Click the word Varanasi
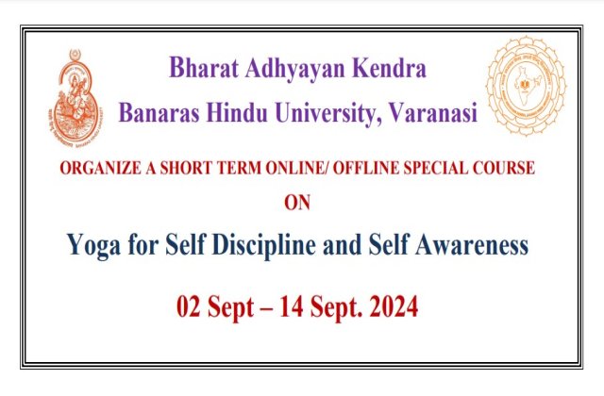pyautogui.click(x=433, y=113)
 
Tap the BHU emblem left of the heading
pyautogui.click(x=75, y=99)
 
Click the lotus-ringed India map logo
pyautogui.click(x=526, y=86)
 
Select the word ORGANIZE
pyautogui.click(x=101, y=168)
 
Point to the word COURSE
pyautogui.click(x=504, y=168)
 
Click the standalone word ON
pyautogui.click(x=297, y=203)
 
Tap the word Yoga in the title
pyautogui.click(x=93, y=246)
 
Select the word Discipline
pyautogui.click(x=264, y=246)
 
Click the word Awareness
pyautogui.click(x=472, y=245)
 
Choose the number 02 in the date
pyautogui.click(x=189, y=306)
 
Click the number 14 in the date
pyautogui.click(x=292, y=306)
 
